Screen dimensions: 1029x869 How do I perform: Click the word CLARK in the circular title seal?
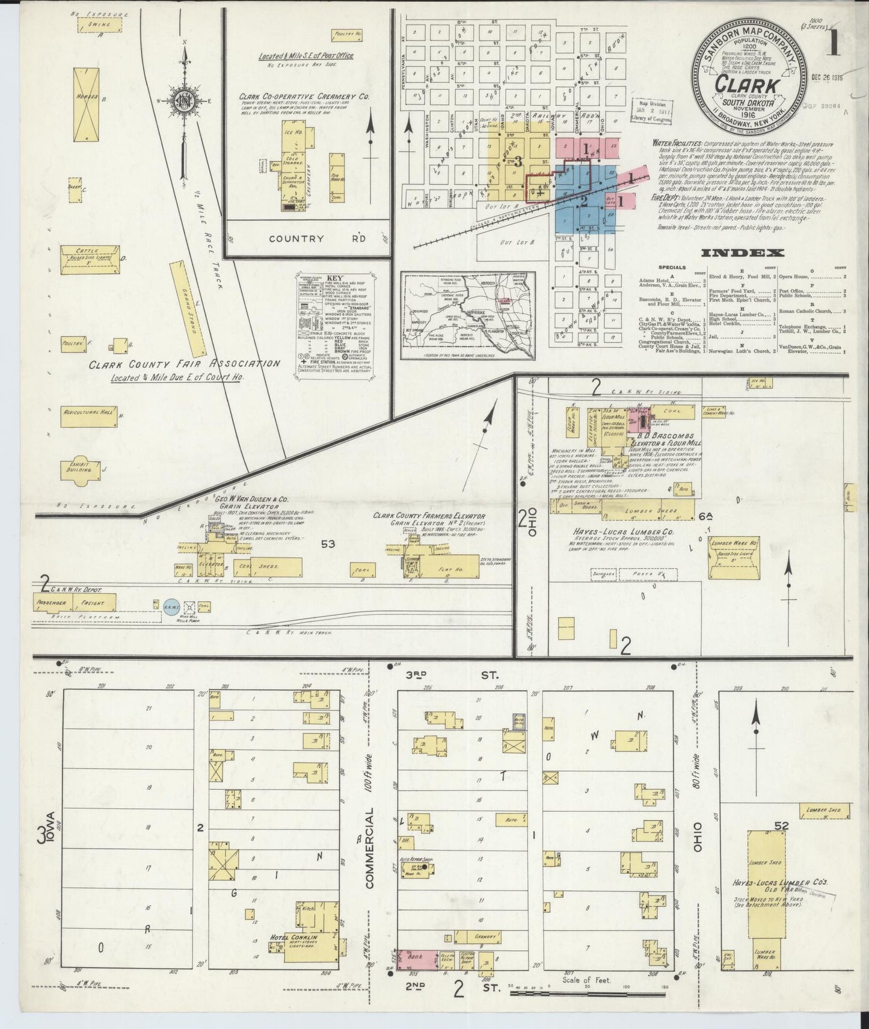tap(748, 85)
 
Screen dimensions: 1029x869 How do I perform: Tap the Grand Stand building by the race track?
tap(190, 308)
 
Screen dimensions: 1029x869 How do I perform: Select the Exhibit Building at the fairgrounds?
tap(78, 469)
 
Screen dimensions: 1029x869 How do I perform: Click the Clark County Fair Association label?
tap(184, 364)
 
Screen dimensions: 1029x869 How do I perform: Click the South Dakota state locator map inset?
tap(467, 317)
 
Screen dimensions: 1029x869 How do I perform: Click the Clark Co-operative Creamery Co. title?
tap(304, 96)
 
